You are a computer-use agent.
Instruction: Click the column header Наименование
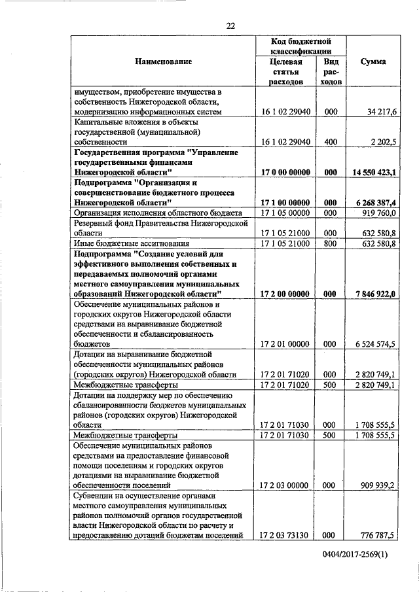point(164,61)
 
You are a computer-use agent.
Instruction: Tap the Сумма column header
point(373,61)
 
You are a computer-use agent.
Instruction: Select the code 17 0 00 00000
point(285,172)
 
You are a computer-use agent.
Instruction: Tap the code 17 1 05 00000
point(285,213)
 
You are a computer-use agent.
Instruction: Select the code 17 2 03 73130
point(285,535)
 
